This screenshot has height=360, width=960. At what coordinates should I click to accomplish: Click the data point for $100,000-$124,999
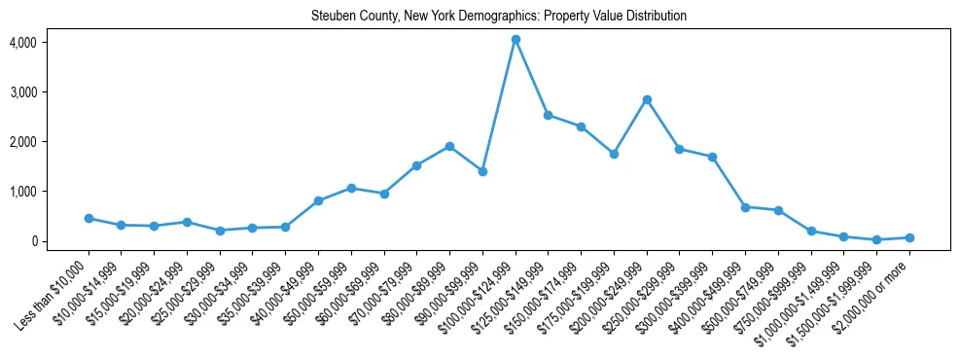[516, 40]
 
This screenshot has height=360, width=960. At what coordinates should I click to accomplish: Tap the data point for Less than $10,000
[89, 218]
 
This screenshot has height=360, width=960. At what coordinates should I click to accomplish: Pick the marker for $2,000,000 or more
[909, 237]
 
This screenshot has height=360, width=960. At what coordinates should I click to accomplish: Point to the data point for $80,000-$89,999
[449, 146]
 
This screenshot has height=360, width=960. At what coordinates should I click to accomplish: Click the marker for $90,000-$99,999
[482, 171]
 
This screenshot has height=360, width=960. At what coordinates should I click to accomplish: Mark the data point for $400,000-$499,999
[745, 207]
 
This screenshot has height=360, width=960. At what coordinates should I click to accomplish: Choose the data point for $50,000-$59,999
[351, 188]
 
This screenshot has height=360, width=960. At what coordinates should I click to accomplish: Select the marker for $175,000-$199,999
[614, 154]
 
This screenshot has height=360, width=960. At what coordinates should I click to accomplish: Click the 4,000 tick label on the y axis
[22, 43]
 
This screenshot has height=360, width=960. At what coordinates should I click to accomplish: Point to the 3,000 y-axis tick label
[22, 92]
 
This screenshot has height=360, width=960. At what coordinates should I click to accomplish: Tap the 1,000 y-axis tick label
[22, 192]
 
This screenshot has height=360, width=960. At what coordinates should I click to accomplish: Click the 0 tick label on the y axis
[32, 241]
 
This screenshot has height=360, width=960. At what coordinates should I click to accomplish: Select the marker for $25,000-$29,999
[220, 231]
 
